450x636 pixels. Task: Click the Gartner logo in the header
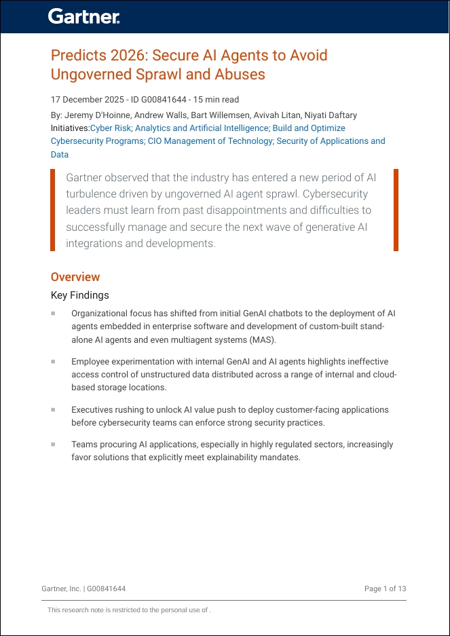tap(84, 17)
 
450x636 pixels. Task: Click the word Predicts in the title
tap(76, 55)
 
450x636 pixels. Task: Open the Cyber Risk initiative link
tap(111, 128)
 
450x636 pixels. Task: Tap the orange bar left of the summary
tap(53, 210)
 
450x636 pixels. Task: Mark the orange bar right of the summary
tap(396, 210)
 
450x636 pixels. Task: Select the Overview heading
tap(75, 277)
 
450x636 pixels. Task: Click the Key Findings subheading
tap(79, 295)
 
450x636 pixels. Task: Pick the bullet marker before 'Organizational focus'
tap(53, 314)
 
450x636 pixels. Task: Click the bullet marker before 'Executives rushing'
tap(53, 410)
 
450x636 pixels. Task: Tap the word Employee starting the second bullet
tap(91, 362)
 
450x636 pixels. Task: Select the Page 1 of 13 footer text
tap(385, 588)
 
